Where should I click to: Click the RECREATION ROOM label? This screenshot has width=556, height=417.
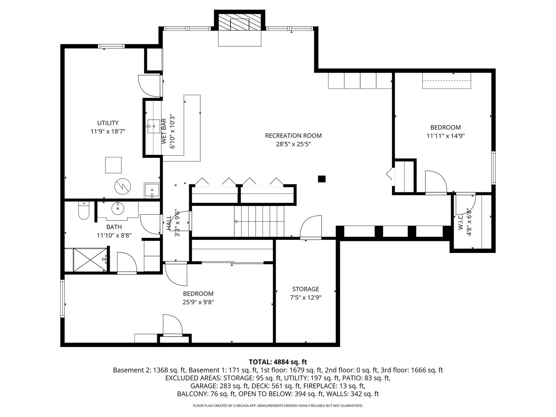293,136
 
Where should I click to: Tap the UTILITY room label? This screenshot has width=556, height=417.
108,123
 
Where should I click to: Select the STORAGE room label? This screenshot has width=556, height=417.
305,289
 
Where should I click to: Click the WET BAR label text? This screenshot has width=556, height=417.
164,131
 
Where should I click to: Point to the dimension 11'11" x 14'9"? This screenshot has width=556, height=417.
445,136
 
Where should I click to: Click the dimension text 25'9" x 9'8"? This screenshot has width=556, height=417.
198,302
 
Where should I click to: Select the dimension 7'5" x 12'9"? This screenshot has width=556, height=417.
305,298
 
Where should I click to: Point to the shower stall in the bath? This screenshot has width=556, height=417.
89,260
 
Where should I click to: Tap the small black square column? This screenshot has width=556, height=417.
321,179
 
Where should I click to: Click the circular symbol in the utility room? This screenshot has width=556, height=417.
122,187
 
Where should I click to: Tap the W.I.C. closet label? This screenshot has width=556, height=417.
461,222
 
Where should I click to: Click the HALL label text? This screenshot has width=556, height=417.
169,223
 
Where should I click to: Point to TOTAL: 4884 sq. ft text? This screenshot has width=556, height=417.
278,362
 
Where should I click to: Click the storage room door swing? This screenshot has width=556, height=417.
311,227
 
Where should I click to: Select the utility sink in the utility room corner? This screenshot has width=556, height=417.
152,190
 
